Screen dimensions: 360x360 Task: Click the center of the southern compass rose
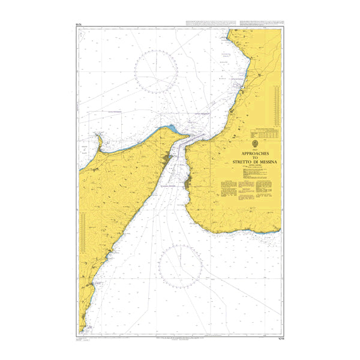pos(180,266)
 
